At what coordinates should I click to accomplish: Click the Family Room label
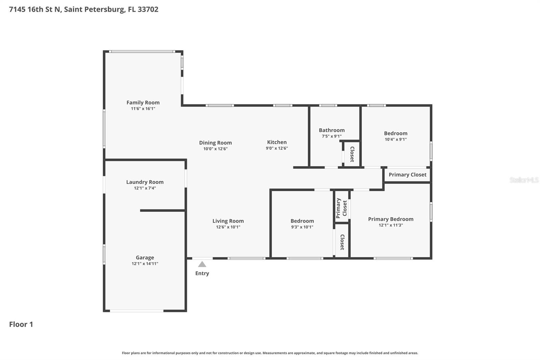tap(143, 102)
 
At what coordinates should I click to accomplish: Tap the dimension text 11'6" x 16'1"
tap(143, 109)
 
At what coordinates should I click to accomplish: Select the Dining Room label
tap(215, 143)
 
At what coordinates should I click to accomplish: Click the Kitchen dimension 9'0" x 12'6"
tap(277, 148)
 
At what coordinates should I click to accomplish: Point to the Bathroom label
tap(331, 130)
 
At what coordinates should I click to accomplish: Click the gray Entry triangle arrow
tap(202, 264)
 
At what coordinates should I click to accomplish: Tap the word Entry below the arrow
tap(202, 273)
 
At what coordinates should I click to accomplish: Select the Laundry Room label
tap(145, 182)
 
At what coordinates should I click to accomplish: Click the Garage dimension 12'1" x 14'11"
tap(145, 264)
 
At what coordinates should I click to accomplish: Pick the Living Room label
tap(228, 221)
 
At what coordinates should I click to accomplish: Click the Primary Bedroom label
tap(390, 219)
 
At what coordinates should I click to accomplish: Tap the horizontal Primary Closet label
tap(407, 175)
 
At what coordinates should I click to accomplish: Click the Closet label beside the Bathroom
tap(352, 154)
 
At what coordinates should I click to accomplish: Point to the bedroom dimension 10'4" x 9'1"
tap(396, 139)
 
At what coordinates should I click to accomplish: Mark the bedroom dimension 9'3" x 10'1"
tap(302, 227)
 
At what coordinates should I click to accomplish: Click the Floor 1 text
tap(21, 324)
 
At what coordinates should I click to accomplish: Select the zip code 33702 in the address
tap(148, 9)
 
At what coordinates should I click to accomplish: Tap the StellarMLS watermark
tap(524, 180)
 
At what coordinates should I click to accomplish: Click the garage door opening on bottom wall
tap(137, 311)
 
